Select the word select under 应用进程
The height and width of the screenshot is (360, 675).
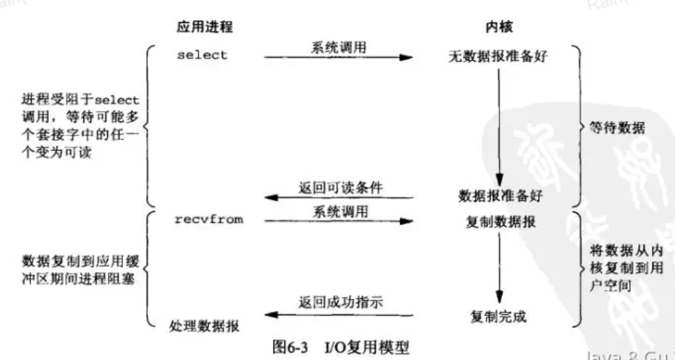(x=202, y=55)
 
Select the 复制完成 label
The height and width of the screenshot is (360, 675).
(x=497, y=317)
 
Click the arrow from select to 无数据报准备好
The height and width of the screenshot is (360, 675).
(x=339, y=58)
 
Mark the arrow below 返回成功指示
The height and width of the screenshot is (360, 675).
(x=339, y=314)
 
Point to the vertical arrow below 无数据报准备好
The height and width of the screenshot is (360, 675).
(x=499, y=125)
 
